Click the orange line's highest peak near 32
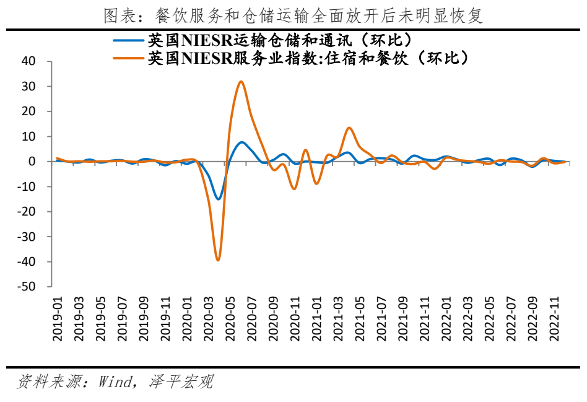click(241, 82)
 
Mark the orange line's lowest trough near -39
click(218, 260)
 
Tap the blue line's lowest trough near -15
click(218, 199)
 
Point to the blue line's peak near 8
click(241, 142)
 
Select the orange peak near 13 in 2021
click(349, 128)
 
